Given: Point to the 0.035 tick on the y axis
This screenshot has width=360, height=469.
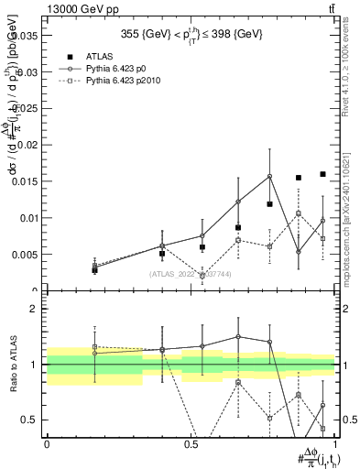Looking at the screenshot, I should (25, 36).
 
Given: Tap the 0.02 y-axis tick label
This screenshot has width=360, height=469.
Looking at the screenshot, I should (27, 145).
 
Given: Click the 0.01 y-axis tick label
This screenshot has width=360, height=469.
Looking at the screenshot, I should (27, 218).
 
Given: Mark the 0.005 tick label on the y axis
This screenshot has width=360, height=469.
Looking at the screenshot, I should (25, 255).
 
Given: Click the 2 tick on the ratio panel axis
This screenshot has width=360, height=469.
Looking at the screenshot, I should (37, 310).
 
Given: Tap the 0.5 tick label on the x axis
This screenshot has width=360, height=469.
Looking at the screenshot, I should (191, 443).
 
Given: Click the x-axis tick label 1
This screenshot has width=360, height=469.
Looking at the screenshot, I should (335, 443).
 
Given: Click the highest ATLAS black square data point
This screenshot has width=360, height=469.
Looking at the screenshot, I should (322, 174).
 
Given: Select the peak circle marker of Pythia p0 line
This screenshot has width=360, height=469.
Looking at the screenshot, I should (269, 176).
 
